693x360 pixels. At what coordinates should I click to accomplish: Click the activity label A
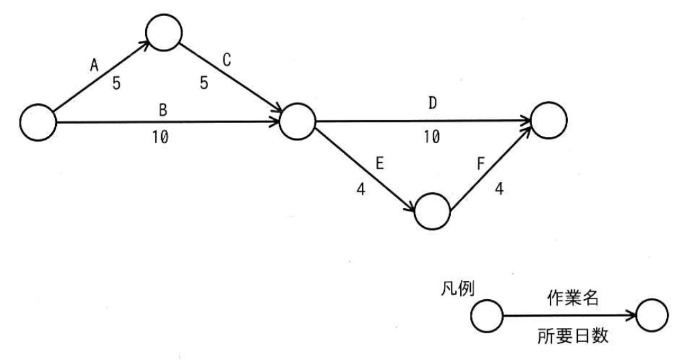[94, 66]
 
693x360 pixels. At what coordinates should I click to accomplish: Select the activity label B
[163, 110]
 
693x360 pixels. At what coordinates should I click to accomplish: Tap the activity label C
[227, 60]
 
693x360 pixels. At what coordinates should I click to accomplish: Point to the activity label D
[432, 103]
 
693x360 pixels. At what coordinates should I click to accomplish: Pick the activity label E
[379, 163]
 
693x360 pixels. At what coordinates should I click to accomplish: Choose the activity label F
[481, 164]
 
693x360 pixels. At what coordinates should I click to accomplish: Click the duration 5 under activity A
[116, 83]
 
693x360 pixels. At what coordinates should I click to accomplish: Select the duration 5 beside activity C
[204, 83]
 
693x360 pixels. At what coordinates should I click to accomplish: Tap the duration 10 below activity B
[161, 138]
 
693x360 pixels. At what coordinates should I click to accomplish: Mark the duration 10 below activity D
[432, 137]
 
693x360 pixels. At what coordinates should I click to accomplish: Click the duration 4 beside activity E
[361, 189]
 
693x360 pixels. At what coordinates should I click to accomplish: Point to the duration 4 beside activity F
[499, 189]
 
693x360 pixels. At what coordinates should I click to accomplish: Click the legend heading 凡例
[458, 289]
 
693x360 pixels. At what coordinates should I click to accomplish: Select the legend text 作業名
[573, 298]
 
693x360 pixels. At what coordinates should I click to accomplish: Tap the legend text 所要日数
[573, 336]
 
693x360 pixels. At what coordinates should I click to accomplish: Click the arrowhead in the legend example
[631, 316]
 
